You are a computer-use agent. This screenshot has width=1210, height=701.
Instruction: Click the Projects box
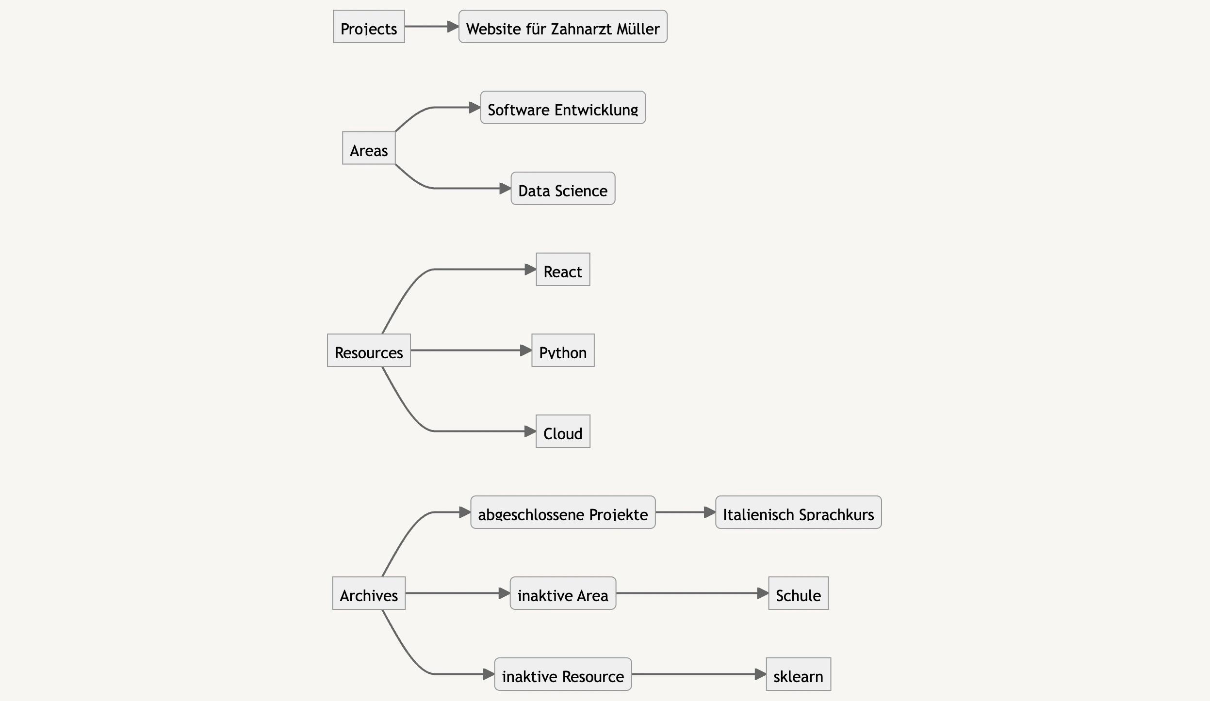[x=369, y=27]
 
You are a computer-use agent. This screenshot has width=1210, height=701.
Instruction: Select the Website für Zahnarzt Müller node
[x=563, y=27]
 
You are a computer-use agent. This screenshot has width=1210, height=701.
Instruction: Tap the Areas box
[x=369, y=148]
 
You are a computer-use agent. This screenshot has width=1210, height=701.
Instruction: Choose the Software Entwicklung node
[x=563, y=108]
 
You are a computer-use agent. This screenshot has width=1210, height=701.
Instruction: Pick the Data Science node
[x=563, y=189]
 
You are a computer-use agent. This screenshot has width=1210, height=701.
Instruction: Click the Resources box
[x=369, y=350]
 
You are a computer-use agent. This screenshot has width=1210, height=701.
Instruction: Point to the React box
[x=563, y=270]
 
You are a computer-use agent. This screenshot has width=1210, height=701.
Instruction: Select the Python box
[x=563, y=350]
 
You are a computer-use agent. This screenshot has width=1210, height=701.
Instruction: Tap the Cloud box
[x=563, y=431]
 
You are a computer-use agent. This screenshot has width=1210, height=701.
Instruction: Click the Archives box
[x=369, y=593]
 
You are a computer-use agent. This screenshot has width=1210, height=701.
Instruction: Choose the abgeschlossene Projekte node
[x=563, y=512]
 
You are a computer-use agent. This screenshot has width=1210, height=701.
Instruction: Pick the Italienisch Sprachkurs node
[x=798, y=512]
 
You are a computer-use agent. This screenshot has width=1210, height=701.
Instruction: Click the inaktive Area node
[x=563, y=593]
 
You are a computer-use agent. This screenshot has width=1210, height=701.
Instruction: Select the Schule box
[x=798, y=593]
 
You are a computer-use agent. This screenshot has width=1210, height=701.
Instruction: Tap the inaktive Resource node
[x=563, y=674]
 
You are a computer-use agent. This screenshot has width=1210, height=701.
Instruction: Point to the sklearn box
[x=798, y=674]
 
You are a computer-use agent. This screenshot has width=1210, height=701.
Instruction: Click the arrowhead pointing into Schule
[x=763, y=593]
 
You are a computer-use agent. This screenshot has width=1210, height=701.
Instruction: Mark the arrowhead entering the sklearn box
[x=760, y=674]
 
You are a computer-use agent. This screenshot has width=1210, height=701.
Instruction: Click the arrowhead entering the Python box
[x=526, y=350]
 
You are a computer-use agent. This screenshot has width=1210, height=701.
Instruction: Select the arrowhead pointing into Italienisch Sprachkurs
[x=710, y=512]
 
